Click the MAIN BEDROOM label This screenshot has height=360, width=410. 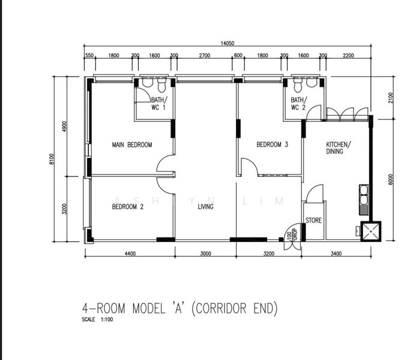[132, 145]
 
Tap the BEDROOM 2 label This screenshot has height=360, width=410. [128, 207]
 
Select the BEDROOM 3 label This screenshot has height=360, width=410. [272, 145]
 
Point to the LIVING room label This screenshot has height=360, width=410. [205, 207]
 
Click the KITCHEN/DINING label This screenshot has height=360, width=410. [339, 148]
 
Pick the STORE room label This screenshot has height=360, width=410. [313, 220]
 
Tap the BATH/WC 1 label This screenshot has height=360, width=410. [159, 104]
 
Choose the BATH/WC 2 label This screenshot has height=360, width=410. [299, 104]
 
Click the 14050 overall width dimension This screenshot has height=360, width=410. [228, 43]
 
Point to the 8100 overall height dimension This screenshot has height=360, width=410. [52, 159]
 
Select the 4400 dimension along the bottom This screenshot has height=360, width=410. [130, 253]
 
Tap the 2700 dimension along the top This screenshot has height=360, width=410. [205, 55]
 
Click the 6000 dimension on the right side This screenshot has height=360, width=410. [390, 179]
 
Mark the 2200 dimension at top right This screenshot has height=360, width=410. [348, 55]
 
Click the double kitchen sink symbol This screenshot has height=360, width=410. [364, 200]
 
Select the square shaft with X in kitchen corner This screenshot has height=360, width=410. [371, 231]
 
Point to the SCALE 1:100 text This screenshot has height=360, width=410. [97, 319]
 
